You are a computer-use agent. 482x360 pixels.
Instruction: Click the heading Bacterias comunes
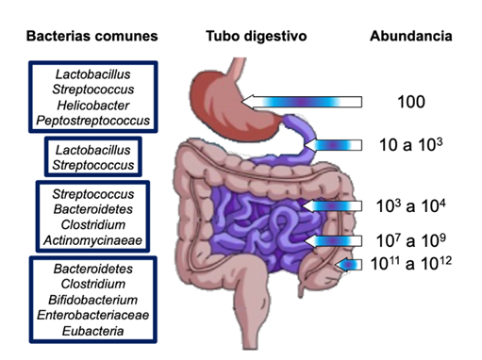[91, 36]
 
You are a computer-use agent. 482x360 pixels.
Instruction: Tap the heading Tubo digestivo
[257, 36]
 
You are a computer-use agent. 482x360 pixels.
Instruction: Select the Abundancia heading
[411, 36]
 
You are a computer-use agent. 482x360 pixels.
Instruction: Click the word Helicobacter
[93, 106]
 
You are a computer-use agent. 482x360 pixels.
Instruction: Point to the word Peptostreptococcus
[93, 121]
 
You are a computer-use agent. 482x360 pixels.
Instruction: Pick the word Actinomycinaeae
[93, 240]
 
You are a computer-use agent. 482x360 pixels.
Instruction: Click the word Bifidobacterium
[93, 300]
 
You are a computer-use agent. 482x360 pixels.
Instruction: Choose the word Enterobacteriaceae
[93, 315]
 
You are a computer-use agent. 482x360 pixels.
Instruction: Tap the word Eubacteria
[93, 331]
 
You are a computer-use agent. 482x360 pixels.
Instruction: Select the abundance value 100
[411, 102]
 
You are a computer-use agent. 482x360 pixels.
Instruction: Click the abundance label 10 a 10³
[411, 144]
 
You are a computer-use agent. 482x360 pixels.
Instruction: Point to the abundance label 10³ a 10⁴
[411, 205]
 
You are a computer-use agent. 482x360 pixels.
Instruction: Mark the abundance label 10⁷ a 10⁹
[411, 240]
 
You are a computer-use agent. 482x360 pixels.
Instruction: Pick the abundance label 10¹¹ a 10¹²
[411, 263]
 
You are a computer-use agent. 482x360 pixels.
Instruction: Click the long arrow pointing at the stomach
[302, 102]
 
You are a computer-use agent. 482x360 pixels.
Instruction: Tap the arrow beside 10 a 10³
[333, 145]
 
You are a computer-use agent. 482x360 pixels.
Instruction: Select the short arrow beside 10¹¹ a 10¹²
[348, 265]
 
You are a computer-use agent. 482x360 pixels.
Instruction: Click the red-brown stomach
[233, 106]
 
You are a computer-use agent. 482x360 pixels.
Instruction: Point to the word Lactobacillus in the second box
[93, 150]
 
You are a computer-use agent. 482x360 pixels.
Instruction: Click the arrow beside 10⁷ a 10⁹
[333, 241]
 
